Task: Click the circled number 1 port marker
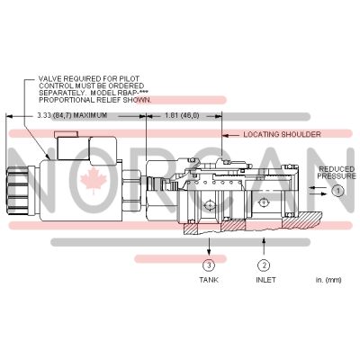(x=337, y=191)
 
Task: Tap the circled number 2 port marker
(x=264, y=265)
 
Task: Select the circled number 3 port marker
(x=209, y=265)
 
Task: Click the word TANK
(x=209, y=281)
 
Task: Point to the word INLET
(x=264, y=281)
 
